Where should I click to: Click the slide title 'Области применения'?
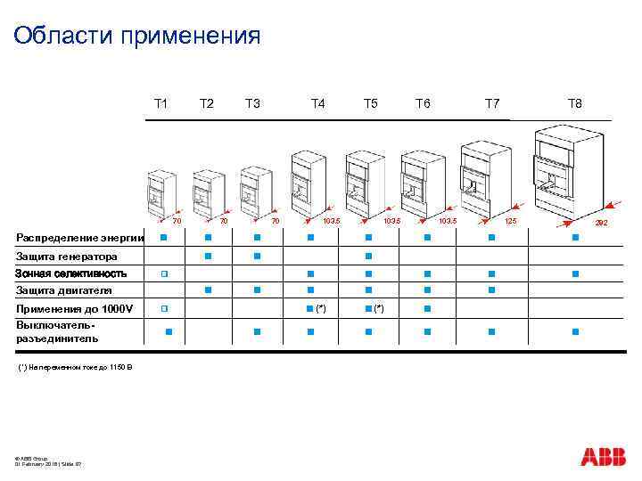click(137, 36)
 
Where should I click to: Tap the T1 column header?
click(160, 104)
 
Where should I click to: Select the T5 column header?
click(370, 104)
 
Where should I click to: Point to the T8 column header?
click(575, 104)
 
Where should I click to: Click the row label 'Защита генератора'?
click(67, 257)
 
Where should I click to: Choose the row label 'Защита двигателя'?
click(63, 290)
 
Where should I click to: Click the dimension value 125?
click(511, 220)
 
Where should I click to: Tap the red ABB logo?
click(604, 456)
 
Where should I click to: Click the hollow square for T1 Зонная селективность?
click(164, 273)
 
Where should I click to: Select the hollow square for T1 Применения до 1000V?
click(164, 308)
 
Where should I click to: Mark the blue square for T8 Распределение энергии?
click(575, 238)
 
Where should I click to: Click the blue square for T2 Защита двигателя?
click(207, 289)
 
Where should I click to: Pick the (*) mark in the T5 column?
click(379, 308)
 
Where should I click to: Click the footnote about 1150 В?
click(74, 367)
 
